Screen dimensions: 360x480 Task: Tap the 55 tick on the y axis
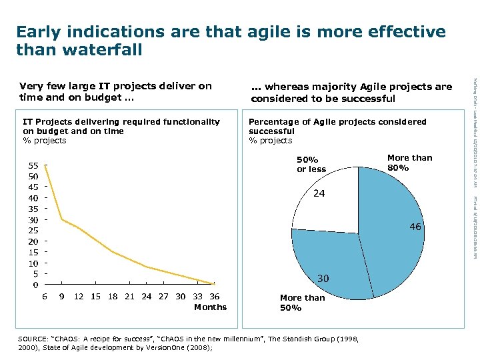(x=32, y=165)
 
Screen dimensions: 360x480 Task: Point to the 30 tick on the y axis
(x=32, y=219)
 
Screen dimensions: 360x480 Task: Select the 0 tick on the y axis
(x=35, y=285)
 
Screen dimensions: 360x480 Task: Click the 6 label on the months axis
(x=45, y=297)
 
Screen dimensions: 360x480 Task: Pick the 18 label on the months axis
(x=112, y=297)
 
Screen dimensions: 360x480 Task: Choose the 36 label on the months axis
(x=214, y=297)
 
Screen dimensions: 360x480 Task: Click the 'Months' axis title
(x=210, y=307)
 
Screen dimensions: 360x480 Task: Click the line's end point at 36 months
(x=213, y=283)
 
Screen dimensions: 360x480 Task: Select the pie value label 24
(x=319, y=194)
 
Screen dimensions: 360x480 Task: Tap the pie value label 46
(x=415, y=227)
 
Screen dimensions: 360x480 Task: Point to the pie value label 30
(x=323, y=278)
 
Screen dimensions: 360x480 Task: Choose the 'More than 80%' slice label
(x=409, y=163)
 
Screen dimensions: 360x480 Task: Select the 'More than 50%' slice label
(x=302, y=303)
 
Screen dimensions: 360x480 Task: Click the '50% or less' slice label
(x=311, y=165)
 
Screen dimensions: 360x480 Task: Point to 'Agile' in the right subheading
(x=377, y=87)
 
